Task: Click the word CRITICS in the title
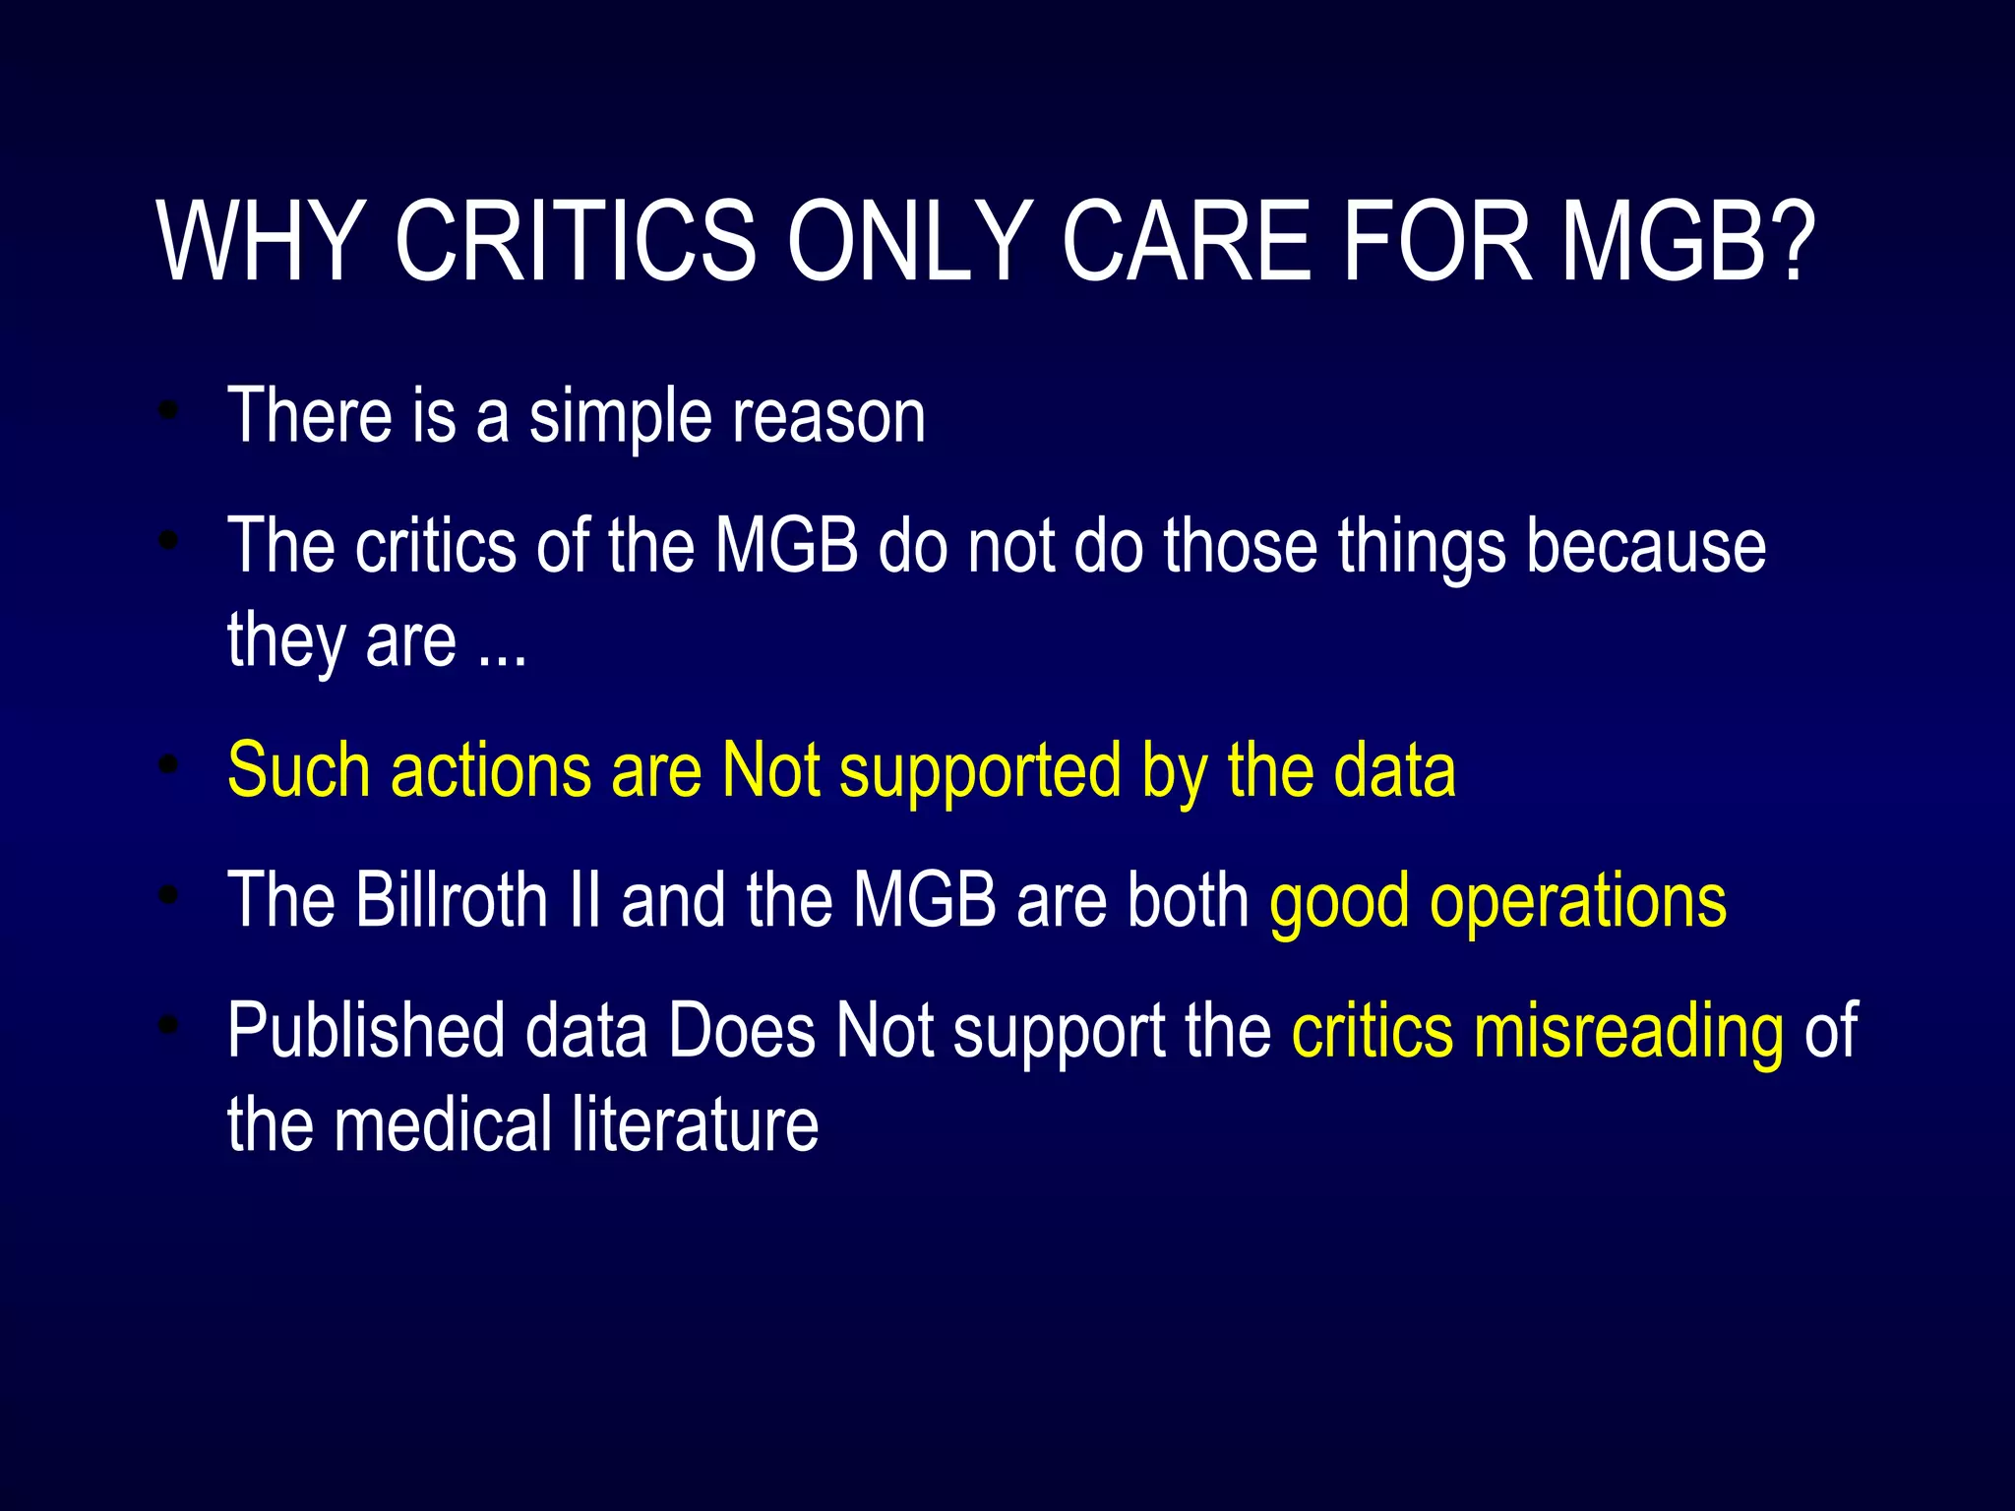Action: click(x=575, y=241)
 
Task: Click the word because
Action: click(x=1645, y=546)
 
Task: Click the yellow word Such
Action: click(x=298, y=770)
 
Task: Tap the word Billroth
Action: click(x=452, y=899)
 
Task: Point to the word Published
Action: click(x=364, y=1031)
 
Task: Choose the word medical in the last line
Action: click(x=444, y=1124)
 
